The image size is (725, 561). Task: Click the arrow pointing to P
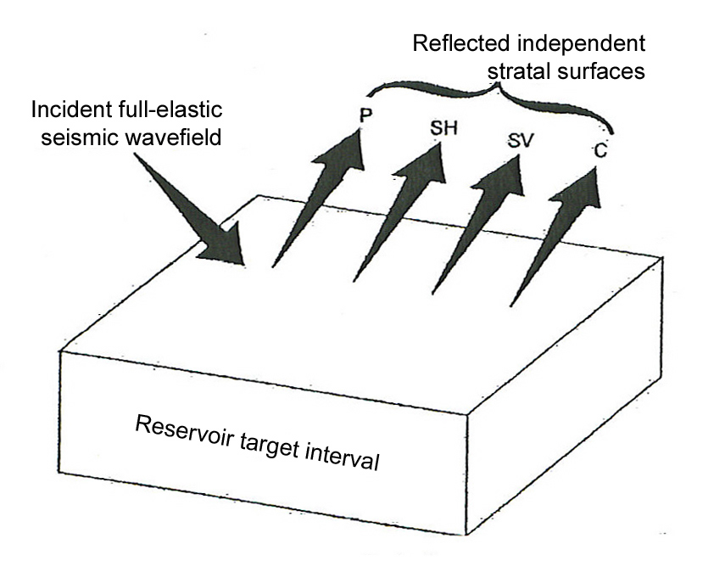(x=318, y=204)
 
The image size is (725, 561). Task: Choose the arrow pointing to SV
(x=477, y=225)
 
